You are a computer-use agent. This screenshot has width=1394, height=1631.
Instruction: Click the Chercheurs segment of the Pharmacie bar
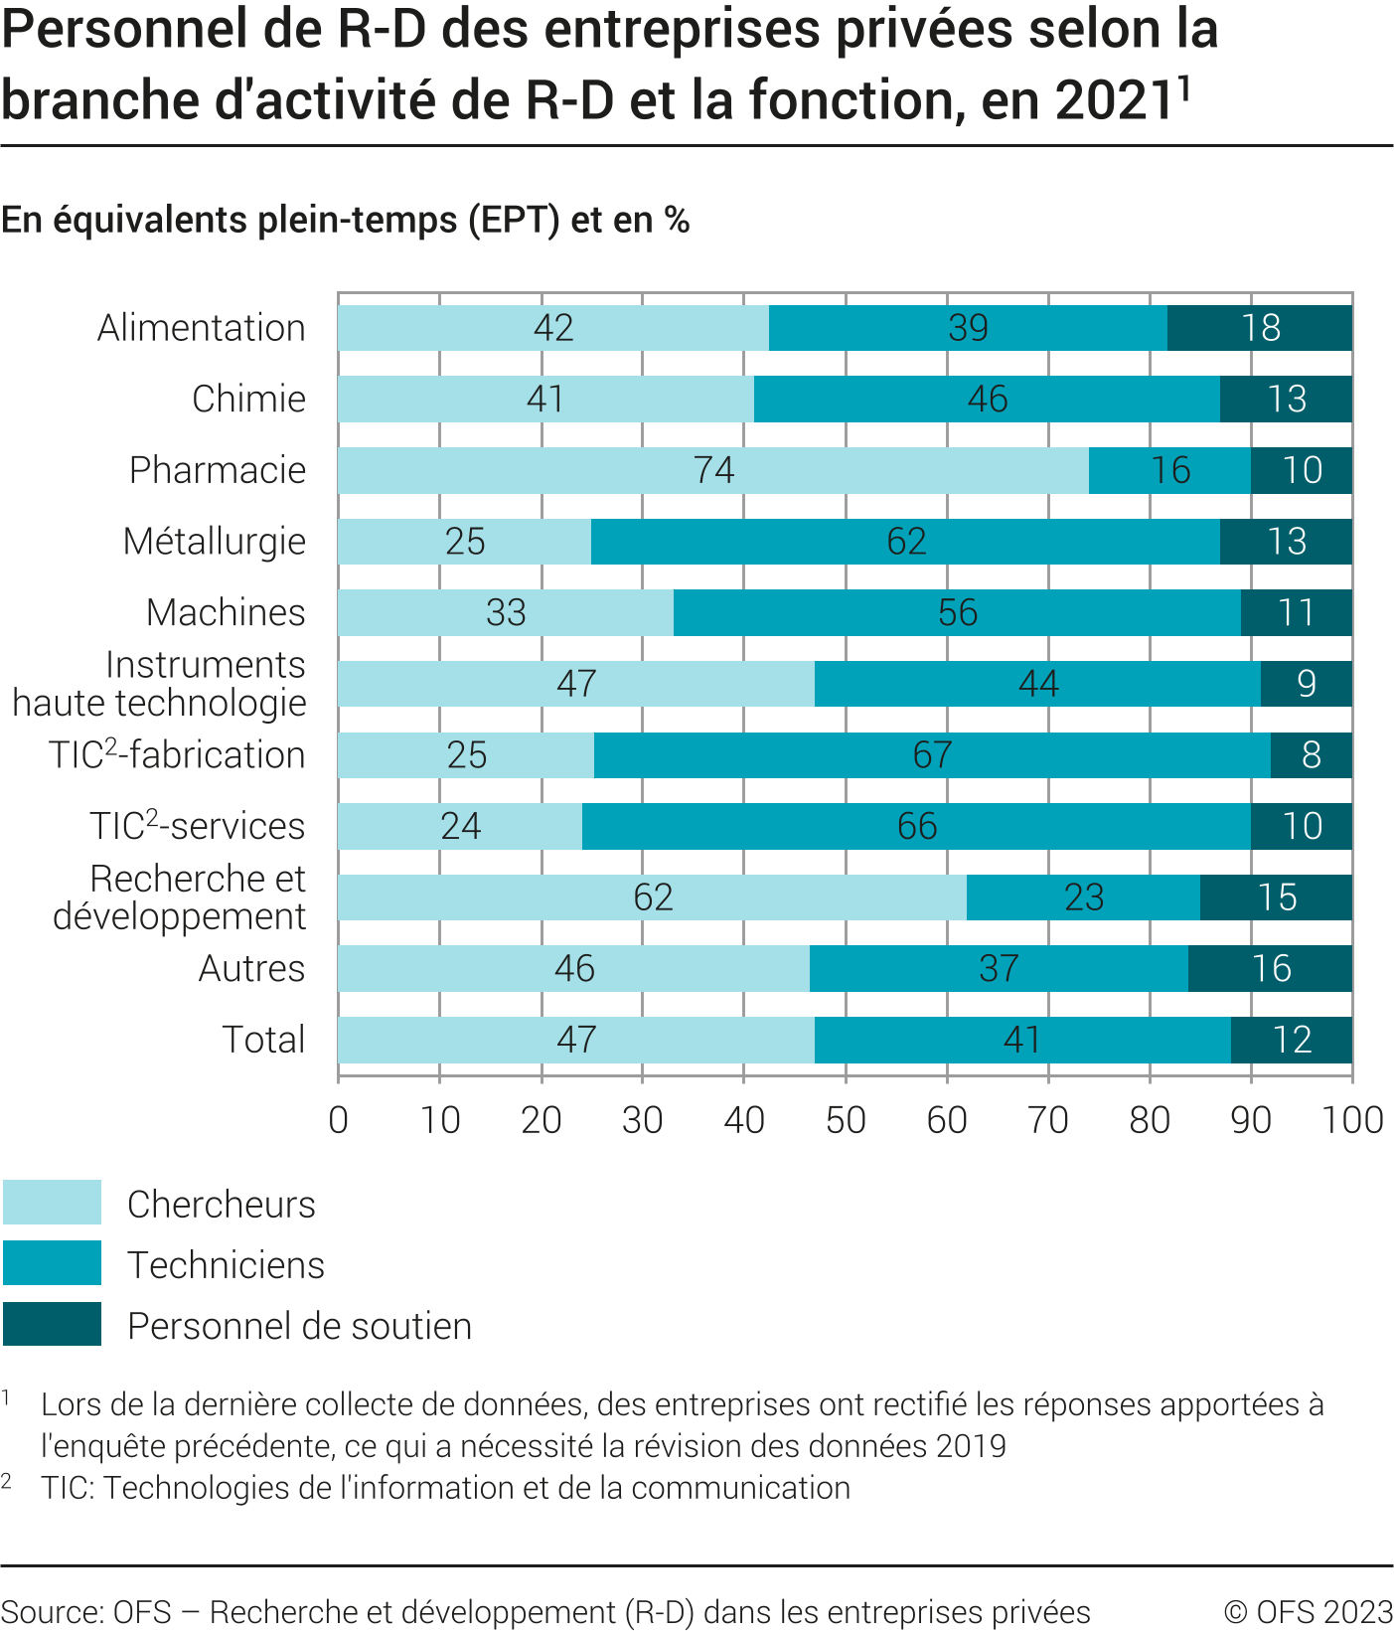click(x=712, y=470)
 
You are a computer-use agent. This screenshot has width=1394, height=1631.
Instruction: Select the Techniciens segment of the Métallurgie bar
click(x=905, y=542)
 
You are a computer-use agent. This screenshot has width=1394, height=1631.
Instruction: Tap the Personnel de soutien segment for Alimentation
click(x=1259, y=328)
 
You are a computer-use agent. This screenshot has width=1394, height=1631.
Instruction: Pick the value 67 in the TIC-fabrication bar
click(x=932, y=755)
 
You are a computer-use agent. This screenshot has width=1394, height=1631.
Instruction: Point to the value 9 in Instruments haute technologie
click(x=1307, y=684)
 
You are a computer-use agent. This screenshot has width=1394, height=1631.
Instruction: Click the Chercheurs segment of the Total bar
click(x=575, y=1040)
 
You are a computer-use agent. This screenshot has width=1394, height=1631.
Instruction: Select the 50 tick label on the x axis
click(x=846, y=1120)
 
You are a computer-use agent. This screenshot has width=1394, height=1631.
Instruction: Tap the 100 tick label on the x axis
click(x=1352, y=1120)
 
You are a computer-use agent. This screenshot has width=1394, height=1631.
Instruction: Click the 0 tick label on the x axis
click(x=339, y=1120)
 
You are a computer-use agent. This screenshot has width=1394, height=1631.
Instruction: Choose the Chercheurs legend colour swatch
click(x=52, y=1203)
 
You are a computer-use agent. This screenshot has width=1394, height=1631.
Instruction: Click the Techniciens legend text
click(x=226, y=1265)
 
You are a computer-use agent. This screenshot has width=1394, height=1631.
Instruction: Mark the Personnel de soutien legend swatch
click(x=52, y=1324)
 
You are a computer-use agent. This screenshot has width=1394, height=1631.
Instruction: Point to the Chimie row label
click(x=248, y=399)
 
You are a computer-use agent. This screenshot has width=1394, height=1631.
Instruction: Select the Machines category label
click(x=226, y=612)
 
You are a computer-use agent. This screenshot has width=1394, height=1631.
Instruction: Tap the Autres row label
click(x=251, y=968)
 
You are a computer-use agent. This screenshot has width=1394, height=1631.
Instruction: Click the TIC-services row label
click(x=197, y=826)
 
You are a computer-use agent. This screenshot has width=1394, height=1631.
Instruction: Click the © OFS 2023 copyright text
click(x=1308, y=1612)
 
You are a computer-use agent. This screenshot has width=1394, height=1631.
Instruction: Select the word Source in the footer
click(x=50, y=1612)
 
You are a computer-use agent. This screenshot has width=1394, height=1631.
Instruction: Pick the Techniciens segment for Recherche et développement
click(x=1083, y=897)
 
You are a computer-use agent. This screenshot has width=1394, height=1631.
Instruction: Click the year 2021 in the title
click(x=1116, y=100)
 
